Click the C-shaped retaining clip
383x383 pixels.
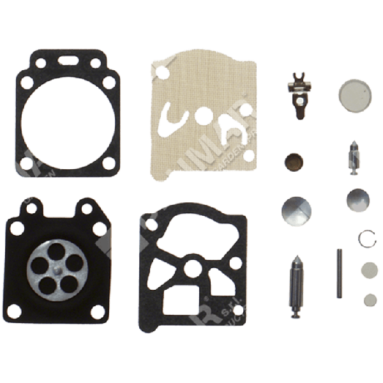pyautogui.click(x=364, y=237)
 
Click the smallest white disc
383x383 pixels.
pyautogui.click(x=369, y=299)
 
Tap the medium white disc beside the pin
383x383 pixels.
pyautogui.click(x=368, y=268)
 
